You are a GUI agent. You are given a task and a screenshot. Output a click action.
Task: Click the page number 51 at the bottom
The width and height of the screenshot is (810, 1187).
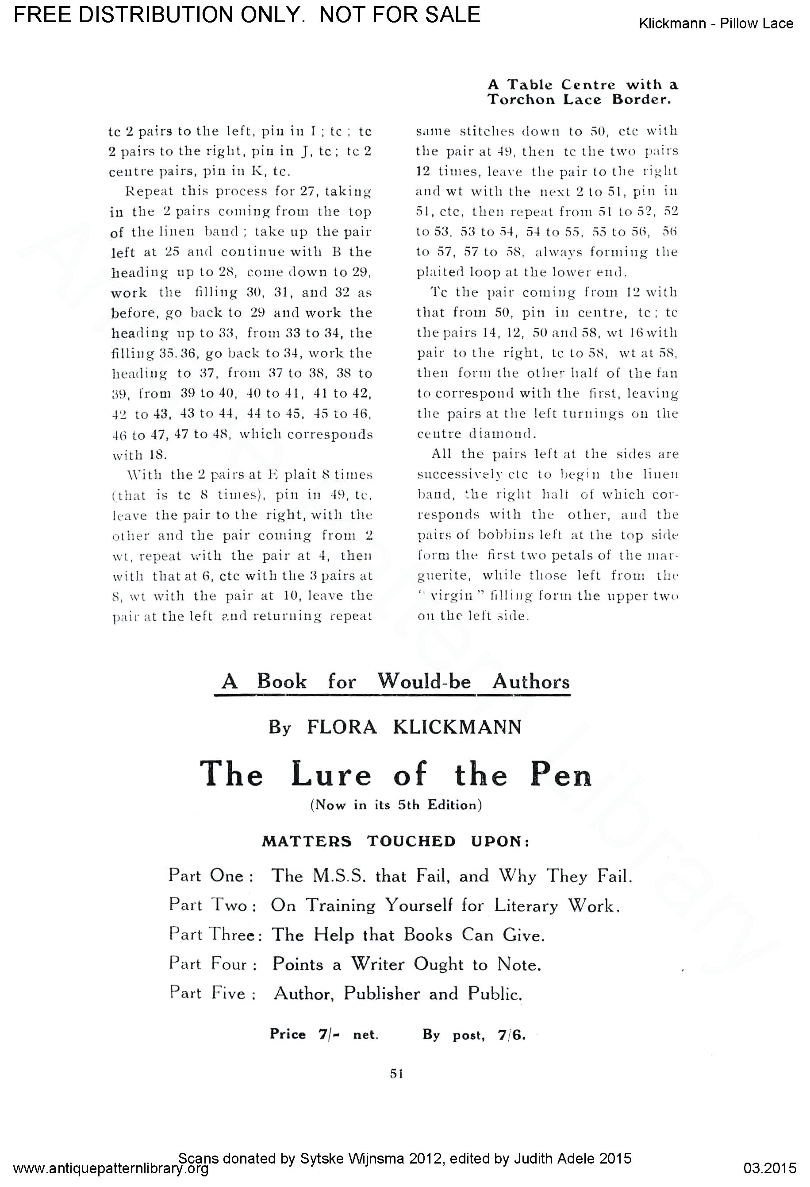tap(396, 1074)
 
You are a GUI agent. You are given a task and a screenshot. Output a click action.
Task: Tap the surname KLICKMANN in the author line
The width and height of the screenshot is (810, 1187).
tap(457, 727)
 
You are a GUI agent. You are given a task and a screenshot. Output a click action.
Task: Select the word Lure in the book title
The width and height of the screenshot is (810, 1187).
tap(331, 775)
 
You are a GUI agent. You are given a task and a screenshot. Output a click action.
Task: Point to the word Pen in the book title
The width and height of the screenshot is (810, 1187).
tap(560, 775)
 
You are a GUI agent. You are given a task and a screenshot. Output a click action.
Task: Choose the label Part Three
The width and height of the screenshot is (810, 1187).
tap(215, 935)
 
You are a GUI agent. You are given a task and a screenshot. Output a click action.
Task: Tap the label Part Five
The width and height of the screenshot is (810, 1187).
tap(211, 993)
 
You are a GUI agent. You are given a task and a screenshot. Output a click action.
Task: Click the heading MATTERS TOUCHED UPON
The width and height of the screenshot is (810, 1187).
tap(396, 841)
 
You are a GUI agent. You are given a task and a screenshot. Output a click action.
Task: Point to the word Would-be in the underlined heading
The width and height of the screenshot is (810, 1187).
tap(424, 681)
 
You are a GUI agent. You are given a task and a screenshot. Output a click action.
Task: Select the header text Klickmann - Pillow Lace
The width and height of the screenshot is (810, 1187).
tap(716, 23)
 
